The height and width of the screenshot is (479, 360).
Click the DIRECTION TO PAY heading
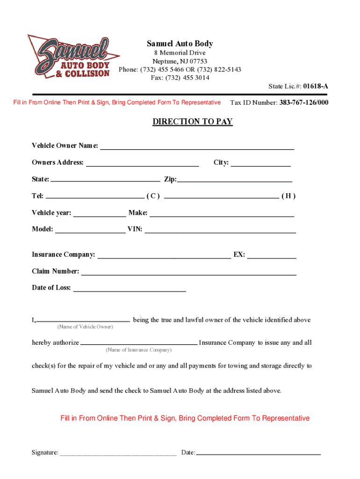coord(193,122)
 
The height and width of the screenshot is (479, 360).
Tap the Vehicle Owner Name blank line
coord(197,148)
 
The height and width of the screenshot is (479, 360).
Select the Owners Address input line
coord(143,165)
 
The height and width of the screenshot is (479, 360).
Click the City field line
coord(260,165)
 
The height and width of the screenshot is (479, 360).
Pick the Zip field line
coord(234,181)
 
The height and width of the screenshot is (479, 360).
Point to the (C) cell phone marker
coord(153,196)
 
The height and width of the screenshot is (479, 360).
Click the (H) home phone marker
coord(288,196)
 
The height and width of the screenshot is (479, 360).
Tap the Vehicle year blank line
coord(100,216)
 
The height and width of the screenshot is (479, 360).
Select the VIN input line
coord(220,232)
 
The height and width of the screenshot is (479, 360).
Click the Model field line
coord(90,232)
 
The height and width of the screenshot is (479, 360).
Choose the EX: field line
coord(272,257)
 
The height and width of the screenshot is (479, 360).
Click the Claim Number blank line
coord(188,274)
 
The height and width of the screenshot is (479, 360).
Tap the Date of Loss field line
coord(130,290)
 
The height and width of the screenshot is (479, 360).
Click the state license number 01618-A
coord(316,87)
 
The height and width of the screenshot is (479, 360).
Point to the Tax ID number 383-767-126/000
coord(304,102)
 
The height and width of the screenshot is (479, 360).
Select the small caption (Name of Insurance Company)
coord(139,350)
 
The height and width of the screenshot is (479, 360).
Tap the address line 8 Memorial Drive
coord(180,53)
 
